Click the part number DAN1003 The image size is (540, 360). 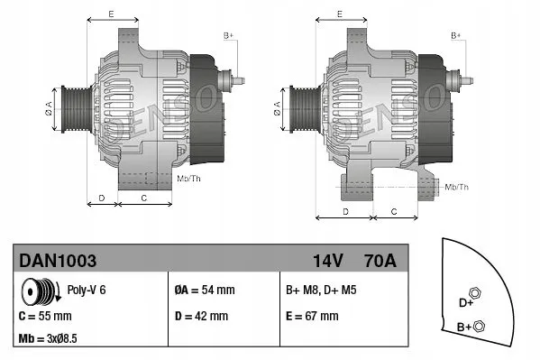(58, 260)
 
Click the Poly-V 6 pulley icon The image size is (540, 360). (41, 291)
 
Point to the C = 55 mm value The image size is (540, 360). (45, 317)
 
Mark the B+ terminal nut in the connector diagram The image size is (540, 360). (480, 326)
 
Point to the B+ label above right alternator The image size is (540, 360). (456, 33)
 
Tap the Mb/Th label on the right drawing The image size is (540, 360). (456, 187)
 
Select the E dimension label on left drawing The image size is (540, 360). (111, 14)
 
